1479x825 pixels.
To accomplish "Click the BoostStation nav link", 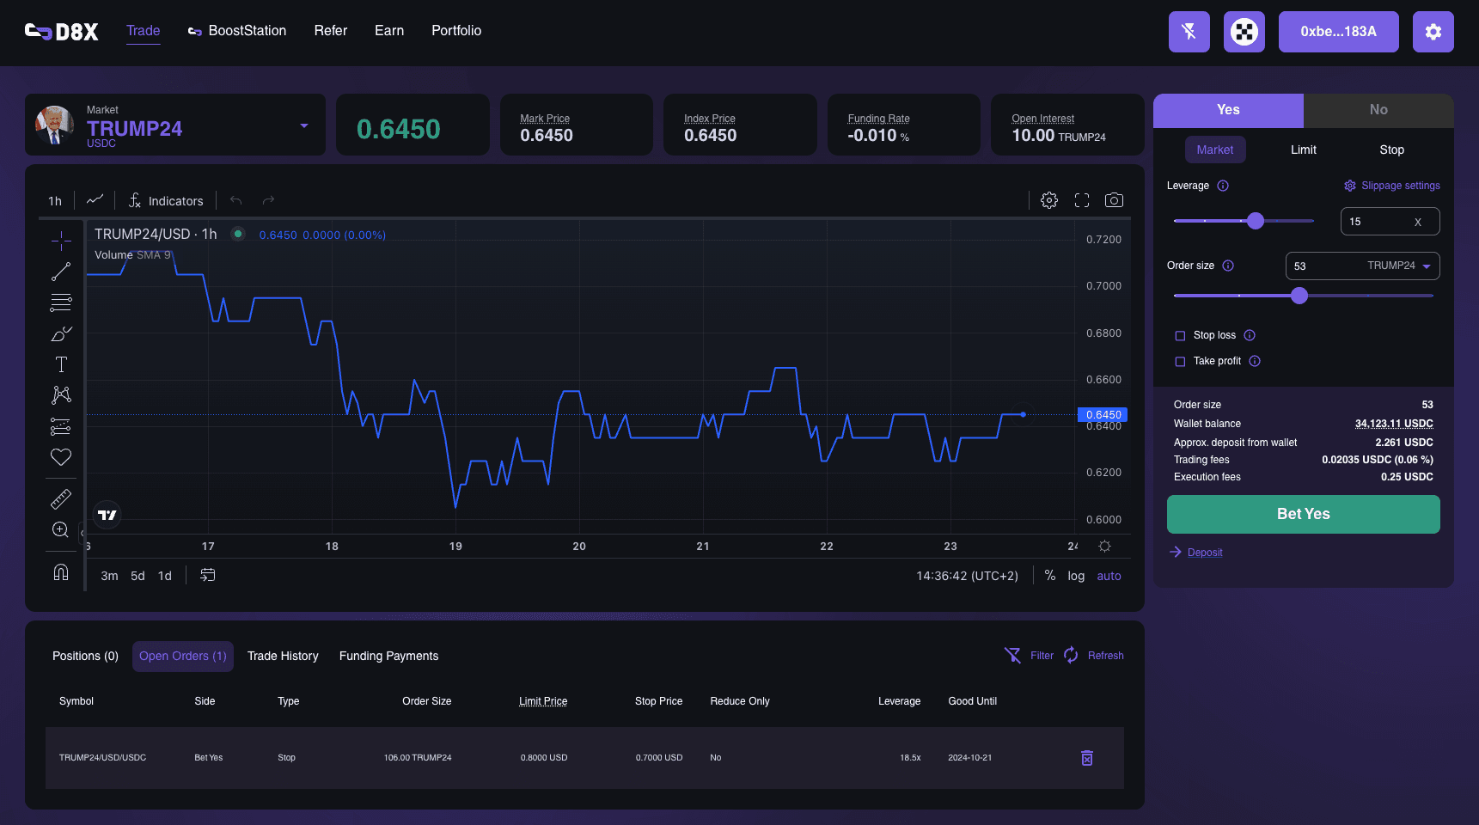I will coord(238,31).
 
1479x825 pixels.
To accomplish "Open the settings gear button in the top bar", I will coord(1433,32).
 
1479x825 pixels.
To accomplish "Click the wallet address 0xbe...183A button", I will coord(1338,32).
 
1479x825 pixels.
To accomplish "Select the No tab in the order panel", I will coord(1378,110).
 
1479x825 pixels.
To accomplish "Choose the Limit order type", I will coord(1303,150).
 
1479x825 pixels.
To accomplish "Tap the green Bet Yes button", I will coord(1303,514).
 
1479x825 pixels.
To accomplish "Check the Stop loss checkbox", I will coord(1180,336).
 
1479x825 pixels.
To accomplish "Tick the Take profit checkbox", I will coord(1180,362).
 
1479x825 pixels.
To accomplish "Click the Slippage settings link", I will coord(1392,186).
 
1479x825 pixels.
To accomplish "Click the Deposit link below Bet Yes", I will coord(1204,553).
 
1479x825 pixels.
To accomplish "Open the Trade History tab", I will coord(283,656).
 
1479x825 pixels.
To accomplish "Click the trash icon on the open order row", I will coord(1086,758).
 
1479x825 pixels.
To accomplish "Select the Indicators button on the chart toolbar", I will coord(166,201).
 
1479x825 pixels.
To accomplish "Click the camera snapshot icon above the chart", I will coord(1114,200).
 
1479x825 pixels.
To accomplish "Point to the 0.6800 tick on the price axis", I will coord(1103,333).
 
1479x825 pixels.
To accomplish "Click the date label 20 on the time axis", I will coord(579,547).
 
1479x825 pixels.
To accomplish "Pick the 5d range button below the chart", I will coord(138,576).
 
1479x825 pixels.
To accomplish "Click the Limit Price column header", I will coord(543,701).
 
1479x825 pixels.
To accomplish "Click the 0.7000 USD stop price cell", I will coord(659,758).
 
